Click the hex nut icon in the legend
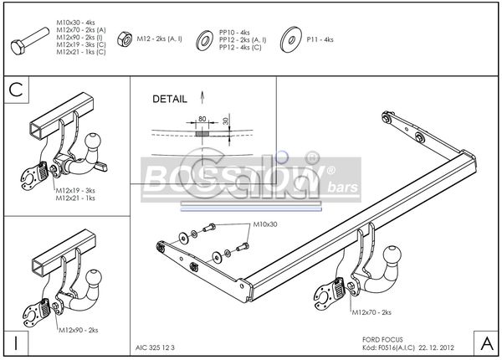[122, 39]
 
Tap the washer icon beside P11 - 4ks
[291, 39]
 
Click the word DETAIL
[170, 99]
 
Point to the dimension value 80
[202, 119]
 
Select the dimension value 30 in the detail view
[226, 122]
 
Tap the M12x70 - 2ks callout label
[368, 312]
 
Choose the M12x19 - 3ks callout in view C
[74, 191]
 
